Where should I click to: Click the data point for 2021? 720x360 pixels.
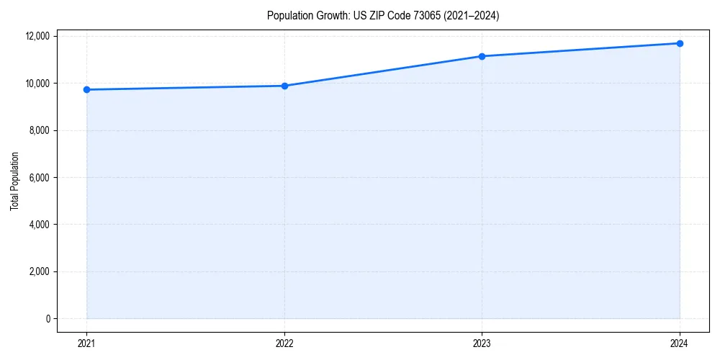coord(86,89)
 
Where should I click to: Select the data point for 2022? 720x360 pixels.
coord(284,86)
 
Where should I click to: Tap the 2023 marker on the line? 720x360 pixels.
coord(482,56)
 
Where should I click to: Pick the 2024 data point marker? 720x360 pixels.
coord(680,43)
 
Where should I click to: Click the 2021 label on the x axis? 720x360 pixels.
coord(86,343)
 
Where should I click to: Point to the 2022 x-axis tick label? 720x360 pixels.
coord(284,343)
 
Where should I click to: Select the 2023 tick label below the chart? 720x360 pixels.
coord(482,343)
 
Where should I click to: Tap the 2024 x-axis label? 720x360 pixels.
coord(680,343)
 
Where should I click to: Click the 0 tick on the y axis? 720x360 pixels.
coord(48,319)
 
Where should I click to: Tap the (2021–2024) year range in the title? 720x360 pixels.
coord(473,15)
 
